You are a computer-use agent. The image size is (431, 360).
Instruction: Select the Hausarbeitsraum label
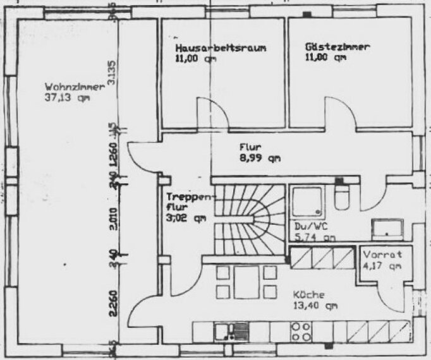click(x=219, y=48)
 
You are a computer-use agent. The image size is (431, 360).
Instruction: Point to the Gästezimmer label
click(x=337, y=47)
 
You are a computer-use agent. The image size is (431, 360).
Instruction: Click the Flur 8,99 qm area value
click(x=260, y=159)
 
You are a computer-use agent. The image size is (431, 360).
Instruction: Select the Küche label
click(x=309, y=294)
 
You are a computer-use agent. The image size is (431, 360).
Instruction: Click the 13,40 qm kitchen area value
click(x=315, y=306)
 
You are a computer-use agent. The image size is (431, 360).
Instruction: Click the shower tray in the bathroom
click(x=308, y=201)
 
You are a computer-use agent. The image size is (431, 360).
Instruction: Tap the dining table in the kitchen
click(x=246, y=282)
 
